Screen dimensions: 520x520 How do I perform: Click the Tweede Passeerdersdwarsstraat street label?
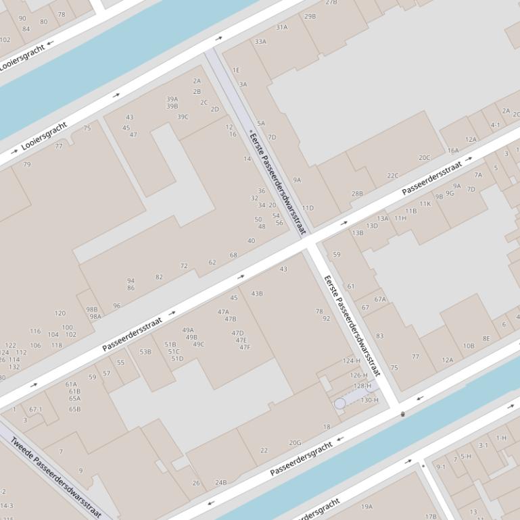pyautogui.click(x=56, y=477)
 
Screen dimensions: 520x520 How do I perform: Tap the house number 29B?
pyautogui.click(x=310, y=16)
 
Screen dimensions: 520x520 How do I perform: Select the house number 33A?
pyautogui.click(x=260, y=42)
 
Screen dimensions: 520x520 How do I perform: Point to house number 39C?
pyautogui.click(x=183, y=117)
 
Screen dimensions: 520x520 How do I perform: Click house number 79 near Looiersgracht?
pyautogui.click(x=27, y=164)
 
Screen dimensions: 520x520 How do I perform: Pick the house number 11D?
pyautogui.click(x=308, y=208)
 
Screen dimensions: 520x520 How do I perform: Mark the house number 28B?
pyautogui.click(x=357, y=194)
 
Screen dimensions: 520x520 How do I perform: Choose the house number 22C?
pyautogui.click(x=393, y=176)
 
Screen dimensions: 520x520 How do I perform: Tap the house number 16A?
pyautogui.click(x=453, y=151)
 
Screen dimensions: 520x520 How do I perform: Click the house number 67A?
pyautogui.click(x=380, y=299)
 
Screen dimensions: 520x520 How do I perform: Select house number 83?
pyautogui.click(x=379, y=336)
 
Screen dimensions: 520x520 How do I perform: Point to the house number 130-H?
pyautogui.click(x=369, y=400)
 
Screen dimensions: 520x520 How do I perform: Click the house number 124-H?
pyautogui.click(x=351, y=361)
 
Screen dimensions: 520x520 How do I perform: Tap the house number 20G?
pyautogui.click(x=295, y=443)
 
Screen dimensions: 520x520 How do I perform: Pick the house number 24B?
pyautogui.click(x=221, y=482)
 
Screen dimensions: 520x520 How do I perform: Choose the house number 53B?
pyautogui.click(x=145, y=352)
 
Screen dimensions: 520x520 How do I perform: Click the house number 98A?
pyautogui.click(x=95, y=316)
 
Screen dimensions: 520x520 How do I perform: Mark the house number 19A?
pyautogui.click(x=367, y=506)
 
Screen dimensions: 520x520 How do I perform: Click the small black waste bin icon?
pyautogui.click(x=403, y=414)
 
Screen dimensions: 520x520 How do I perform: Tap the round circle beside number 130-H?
pyautogui.click(x=340, y=403)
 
